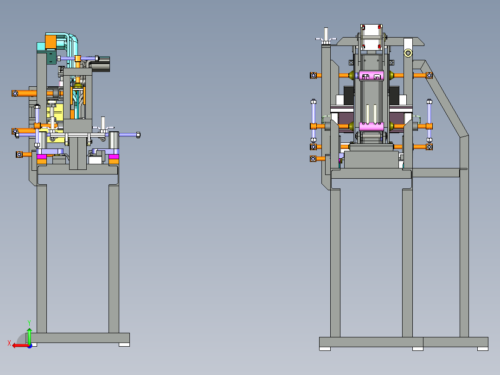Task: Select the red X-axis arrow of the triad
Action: [x=20, y=346]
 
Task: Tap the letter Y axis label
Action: [x=29, y=323]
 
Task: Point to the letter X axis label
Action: [x=9, y=343]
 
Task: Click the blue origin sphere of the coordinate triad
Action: [x=30, y=346]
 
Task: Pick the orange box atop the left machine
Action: [x=51, y=42]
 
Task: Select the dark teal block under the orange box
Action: [x=51, y=58]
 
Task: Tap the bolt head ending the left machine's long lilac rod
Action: [x=138, y=135]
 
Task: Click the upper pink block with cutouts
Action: [x=372, y=76]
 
